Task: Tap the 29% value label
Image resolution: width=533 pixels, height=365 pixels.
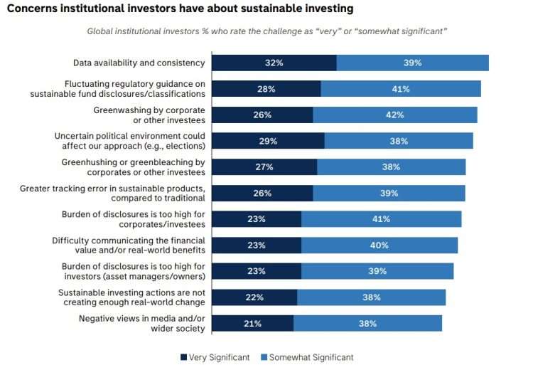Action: point(268,141)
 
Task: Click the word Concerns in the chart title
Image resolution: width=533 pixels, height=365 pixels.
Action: point(33,9)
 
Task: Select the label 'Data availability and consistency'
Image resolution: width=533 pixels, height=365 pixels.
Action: point(139,63)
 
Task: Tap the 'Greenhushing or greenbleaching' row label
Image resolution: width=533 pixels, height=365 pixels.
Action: point(132,167)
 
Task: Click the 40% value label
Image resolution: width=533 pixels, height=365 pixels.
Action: point(379,245)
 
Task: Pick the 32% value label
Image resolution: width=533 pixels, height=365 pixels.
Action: point(274,63)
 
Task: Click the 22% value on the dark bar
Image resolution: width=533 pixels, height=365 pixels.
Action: point(254,297)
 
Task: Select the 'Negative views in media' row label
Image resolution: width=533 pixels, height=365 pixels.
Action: point(142,323)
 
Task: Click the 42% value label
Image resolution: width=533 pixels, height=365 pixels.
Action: point(395,115)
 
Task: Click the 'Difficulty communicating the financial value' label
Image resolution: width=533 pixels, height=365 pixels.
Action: point(129,245)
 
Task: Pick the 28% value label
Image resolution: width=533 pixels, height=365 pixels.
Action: point(266,89)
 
